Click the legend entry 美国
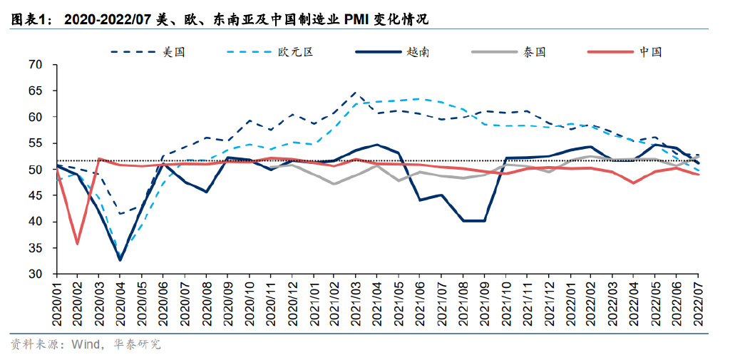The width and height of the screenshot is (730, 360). coord(174,51)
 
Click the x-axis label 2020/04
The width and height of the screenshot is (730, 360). coord(120,302)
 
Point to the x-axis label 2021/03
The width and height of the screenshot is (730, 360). coord(356,302)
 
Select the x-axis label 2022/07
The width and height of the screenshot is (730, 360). coord(698,302)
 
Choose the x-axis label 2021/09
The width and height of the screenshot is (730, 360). coord(484,302)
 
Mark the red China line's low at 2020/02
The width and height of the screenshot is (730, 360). coord(77,244)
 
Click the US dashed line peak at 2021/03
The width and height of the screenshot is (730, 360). coord(356,93)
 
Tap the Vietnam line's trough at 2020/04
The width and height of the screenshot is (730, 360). coord(120,259)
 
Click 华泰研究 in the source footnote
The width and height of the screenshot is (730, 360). coord(137,344)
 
